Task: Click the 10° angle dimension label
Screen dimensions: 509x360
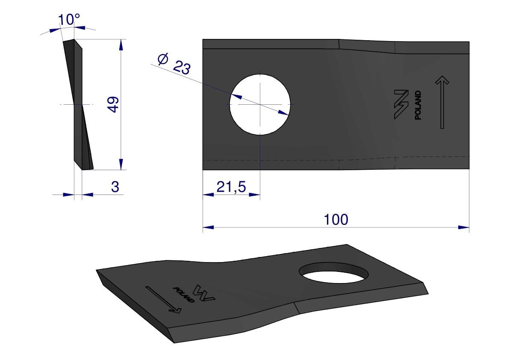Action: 69,20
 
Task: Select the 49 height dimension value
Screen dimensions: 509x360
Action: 113,104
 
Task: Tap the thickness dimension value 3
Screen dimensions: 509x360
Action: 115,187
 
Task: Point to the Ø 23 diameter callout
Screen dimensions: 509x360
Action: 174,64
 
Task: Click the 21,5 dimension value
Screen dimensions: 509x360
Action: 231,187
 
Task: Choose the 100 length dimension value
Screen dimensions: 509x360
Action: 336,219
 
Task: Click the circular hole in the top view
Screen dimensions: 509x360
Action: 260,104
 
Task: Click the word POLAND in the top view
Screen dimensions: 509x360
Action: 418,105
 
